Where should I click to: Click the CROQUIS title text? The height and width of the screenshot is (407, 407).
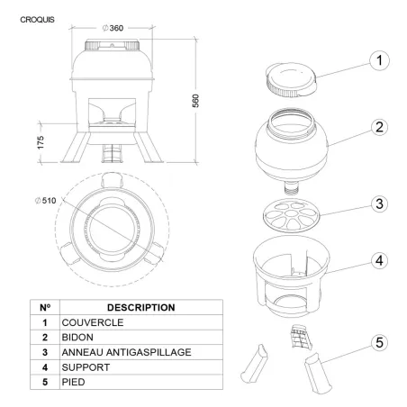37,20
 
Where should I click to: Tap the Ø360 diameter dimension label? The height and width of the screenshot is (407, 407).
113,28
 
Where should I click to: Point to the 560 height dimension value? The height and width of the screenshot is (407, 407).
195,101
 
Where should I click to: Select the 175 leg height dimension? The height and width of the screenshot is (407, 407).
41,142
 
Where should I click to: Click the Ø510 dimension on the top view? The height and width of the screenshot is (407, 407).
46,201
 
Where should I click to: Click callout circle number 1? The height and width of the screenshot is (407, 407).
379,60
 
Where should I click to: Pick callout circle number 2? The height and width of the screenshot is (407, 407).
379,127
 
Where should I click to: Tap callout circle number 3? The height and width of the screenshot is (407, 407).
379,203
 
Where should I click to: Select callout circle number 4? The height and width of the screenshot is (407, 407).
379,260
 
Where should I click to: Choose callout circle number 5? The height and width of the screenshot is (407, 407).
379,342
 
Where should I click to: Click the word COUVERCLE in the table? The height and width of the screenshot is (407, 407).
93,322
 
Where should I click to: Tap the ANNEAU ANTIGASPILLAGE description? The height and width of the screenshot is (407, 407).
126,352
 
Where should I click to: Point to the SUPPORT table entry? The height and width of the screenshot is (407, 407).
86,367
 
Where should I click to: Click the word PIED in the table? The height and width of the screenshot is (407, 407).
73,382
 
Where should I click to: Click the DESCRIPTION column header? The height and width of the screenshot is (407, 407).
141,307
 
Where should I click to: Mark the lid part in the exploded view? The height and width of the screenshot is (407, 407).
291,80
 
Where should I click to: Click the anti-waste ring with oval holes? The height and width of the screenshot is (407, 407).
291,215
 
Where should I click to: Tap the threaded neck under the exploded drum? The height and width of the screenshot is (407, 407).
292,187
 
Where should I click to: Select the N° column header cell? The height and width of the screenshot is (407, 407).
45,307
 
